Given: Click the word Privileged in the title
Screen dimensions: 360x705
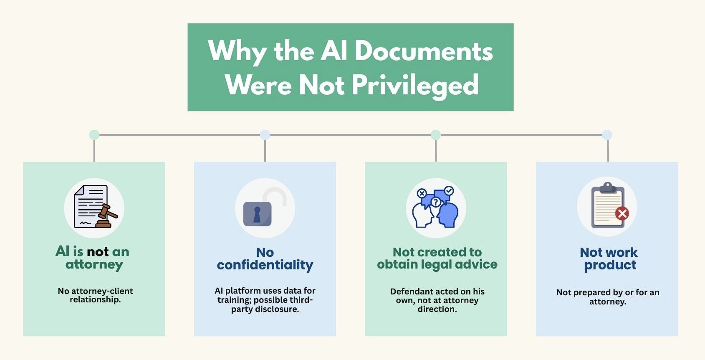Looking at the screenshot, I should [x=415, y=85].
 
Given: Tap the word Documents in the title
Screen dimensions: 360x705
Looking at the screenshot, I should [x=424, y=51].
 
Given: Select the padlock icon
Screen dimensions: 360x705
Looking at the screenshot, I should [x=258, y=213].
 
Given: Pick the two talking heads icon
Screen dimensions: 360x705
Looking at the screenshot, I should [x=436, y=208].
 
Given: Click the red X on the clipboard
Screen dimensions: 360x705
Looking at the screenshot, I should [x=622, y=214].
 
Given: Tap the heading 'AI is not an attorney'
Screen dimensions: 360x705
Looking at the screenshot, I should [x=93, y=258].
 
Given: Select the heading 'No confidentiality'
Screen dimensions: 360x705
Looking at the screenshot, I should [x=265, y=259].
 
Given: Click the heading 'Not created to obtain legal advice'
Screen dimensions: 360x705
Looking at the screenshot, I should [x=437, y=258].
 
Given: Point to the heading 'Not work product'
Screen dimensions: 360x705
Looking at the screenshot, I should [x=609, y=259].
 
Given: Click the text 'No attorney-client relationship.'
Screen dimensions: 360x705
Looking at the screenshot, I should [x=95, y=295].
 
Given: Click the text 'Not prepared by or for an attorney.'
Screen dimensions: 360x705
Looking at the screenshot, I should [x=608, y=297].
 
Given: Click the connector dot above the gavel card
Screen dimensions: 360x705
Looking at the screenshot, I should [x=94, y=135].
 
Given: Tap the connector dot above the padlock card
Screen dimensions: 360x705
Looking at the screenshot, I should [x=265, y=135].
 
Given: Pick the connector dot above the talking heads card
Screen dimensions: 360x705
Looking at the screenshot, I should [x=436, y=135].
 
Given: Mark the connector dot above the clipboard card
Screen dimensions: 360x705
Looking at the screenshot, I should [x=607, y=135].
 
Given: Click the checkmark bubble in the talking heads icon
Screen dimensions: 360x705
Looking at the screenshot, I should [x=449, y=191].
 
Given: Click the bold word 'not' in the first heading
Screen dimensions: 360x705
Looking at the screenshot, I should [x=98, y=251].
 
